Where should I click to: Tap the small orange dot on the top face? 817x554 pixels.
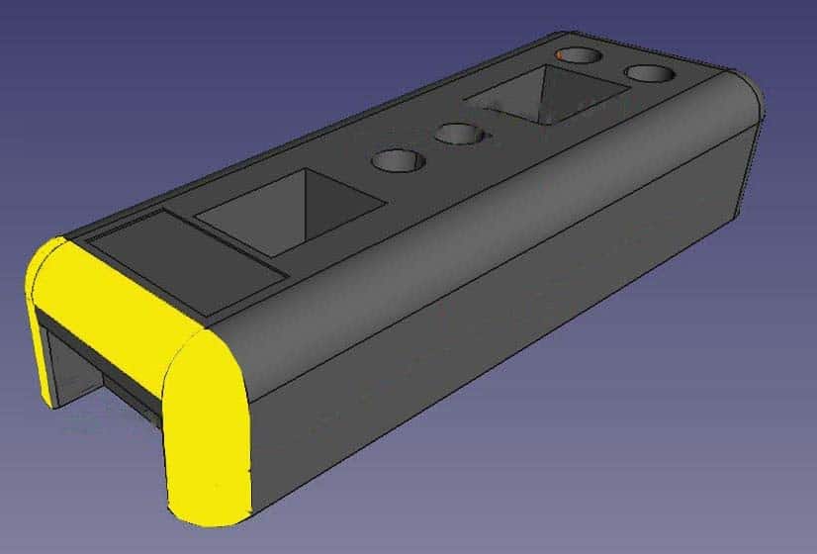pos(564,56)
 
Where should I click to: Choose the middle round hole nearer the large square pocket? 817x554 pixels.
pos(396,160)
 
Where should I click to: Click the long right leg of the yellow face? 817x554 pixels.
pos(208,435)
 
